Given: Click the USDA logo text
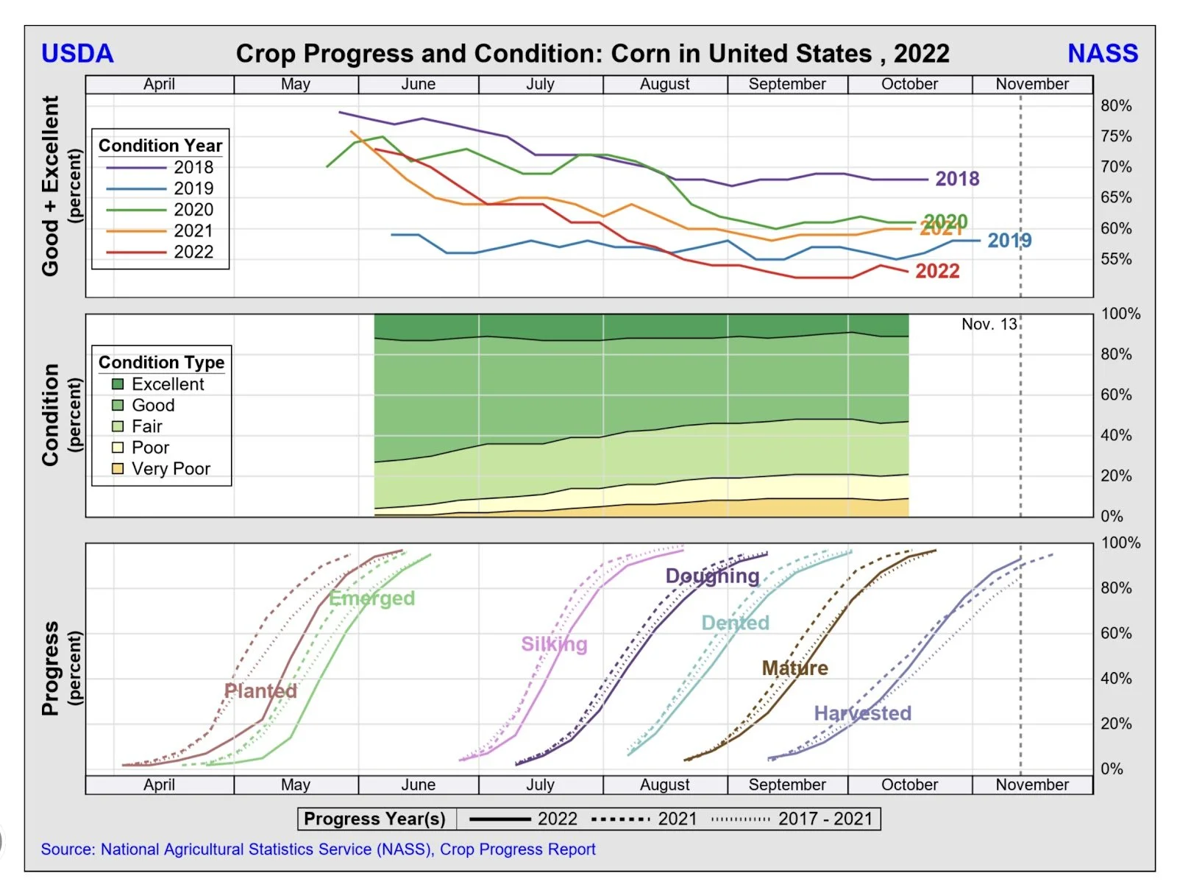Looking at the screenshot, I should pos(77,54).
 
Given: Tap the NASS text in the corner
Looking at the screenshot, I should pos(1102,54).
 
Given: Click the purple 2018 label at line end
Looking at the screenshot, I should pos(957,179).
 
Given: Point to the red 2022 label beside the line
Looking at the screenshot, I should pos(937,272).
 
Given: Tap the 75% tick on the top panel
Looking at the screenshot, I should pos(1115,136).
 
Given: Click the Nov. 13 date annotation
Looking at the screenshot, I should pos(989,325).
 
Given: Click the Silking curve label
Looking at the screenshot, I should pos(554,645).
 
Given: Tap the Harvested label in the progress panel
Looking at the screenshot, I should pos(862,713).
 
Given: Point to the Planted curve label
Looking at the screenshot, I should pos(260,691).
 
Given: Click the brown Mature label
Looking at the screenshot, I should pos(794,668).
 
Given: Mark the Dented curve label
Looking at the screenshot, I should pos(735,623).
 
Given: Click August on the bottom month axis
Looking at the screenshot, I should pos(664,785).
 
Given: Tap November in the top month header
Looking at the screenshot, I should pos(1031,85).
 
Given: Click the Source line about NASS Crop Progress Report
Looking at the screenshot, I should pos(318,849).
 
